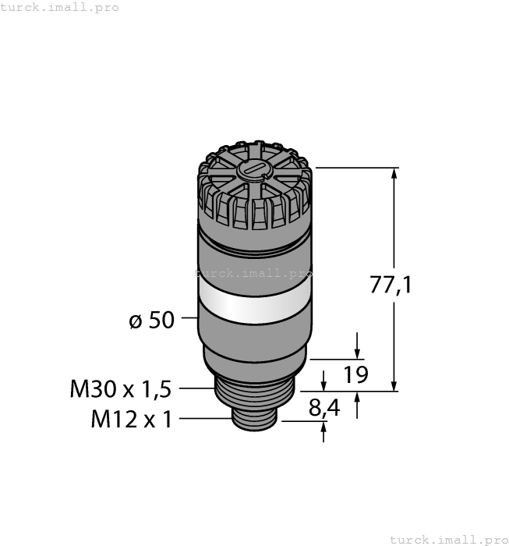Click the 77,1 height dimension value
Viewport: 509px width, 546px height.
pyautogui.click(x=391, y=285)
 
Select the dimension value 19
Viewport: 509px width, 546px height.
pyautogui.click(x=355, y=375)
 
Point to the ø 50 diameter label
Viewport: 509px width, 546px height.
pyautogui.click(x=151, y=320)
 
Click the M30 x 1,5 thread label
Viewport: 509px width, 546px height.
pyautogui.click(x=120, y=387)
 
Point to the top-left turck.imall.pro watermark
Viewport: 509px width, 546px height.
pyautogui.click(x=60, y=7)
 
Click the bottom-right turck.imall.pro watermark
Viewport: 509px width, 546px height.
pyautogui.click(x=448, y=539)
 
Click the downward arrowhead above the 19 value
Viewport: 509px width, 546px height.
pyautogui.click(x=358, y=353)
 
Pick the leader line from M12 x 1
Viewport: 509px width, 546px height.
pyautogui.click(x=207, y=420)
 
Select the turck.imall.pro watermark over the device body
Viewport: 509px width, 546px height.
pyautogui.click(x=254, y=274)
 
